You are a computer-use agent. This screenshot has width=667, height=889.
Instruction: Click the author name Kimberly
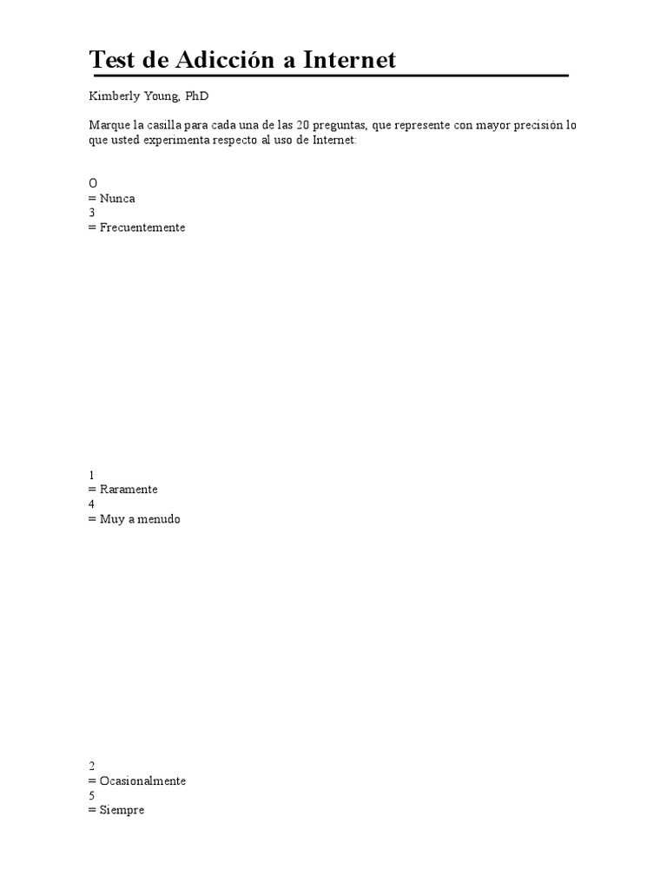114,96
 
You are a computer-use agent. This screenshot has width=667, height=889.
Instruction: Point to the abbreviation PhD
197,96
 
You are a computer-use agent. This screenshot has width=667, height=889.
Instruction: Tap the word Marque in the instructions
107,125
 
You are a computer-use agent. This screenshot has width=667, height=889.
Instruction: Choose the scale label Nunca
117,198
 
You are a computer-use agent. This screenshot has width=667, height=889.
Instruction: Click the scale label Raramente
129,490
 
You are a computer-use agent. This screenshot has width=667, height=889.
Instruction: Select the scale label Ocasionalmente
142,780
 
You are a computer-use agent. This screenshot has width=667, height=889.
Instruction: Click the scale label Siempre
122,810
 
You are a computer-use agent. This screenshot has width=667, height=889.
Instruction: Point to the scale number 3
91,213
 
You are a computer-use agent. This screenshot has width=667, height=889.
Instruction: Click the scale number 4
91,504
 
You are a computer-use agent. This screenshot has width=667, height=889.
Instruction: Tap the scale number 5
91,795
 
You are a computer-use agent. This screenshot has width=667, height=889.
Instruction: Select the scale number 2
91,766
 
